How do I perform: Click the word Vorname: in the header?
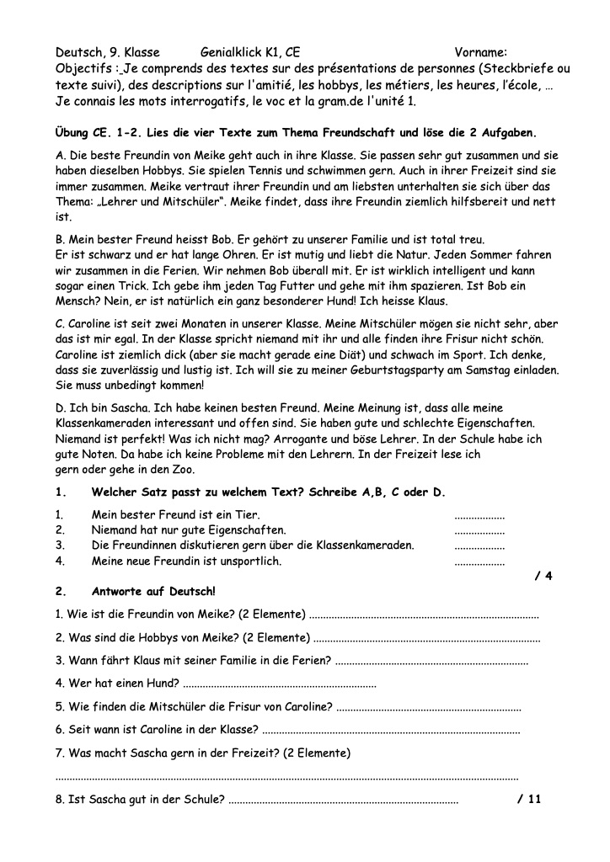(x=480, y=52)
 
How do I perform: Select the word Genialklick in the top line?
(x=233, y=52)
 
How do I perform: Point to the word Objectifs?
(x=85, y=68)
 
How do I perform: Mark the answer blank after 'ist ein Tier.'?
(x=479, y=515)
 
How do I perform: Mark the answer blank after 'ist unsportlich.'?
(x=479, y=561)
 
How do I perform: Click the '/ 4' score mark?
(x=543, y=576)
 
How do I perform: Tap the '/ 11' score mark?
(x=529, y=799)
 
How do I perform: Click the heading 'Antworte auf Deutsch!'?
(x=153, y=592)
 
